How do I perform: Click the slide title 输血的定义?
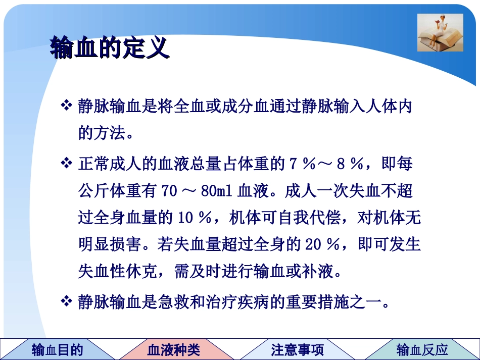pos(109,49)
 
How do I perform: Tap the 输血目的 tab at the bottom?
pos(57,349)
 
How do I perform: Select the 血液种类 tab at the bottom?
pos(173,349)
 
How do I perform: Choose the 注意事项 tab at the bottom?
pos(297,349)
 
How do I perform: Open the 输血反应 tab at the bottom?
pos(422,349)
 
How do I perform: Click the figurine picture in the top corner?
pos(440,32)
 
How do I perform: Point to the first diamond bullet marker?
pos(67,106)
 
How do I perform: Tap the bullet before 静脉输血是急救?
pos(67,302)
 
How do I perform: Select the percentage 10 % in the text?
pos(194,219)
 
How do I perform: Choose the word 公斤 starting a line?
pos(91,191)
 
